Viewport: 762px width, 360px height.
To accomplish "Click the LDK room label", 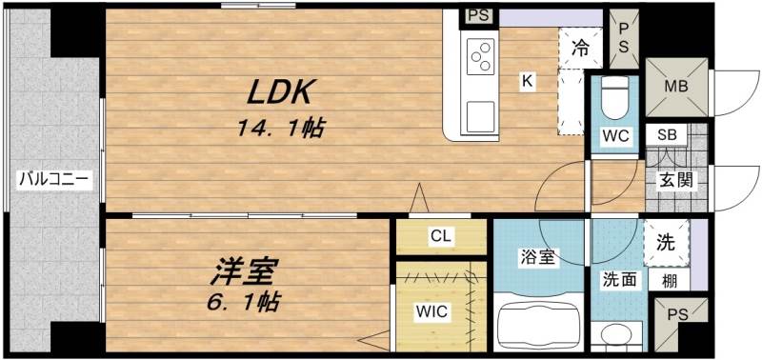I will click(x=282, y=93).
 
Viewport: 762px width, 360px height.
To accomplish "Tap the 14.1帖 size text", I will click(x=281, y=129).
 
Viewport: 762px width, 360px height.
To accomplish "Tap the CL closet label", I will click(x=440, y=236).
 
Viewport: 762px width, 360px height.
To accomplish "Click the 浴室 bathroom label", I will click(x=538, y=257).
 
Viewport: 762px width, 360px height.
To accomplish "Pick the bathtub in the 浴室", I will click(x=537, y=324).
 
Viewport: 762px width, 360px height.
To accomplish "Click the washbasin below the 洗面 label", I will click(x=617, y=333).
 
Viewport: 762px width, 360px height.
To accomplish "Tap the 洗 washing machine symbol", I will click(x=666, y=242).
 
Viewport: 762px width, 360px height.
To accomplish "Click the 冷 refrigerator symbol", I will click(x=580, y=45).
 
